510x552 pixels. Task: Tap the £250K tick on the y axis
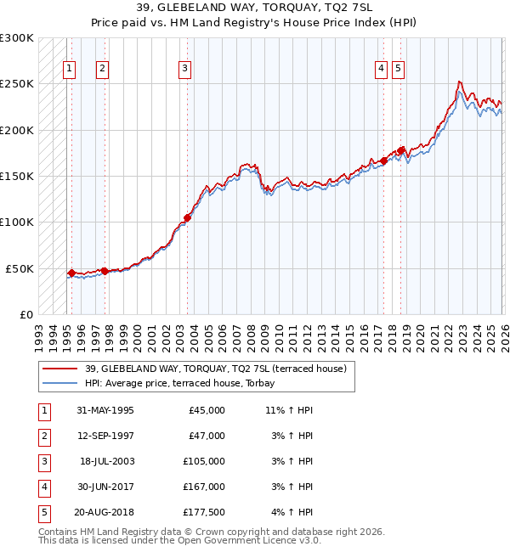pos(17,84)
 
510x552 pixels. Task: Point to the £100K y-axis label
pos(17,222)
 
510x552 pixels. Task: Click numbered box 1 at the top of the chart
pos(69,70)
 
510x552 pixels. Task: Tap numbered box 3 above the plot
pos(184,70)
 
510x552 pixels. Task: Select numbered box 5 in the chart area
pos(399,70)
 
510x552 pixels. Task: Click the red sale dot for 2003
pos(187,217)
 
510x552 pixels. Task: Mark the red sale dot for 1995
pos(71,273)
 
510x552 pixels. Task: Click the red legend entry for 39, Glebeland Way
pos(215,369)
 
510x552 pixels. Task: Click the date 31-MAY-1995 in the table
pos(105,410)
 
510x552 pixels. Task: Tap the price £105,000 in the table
pos(205,461)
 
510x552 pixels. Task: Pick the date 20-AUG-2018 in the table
pos(105,513)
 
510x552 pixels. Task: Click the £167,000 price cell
pos(205,487)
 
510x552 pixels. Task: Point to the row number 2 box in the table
pos(43,436)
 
